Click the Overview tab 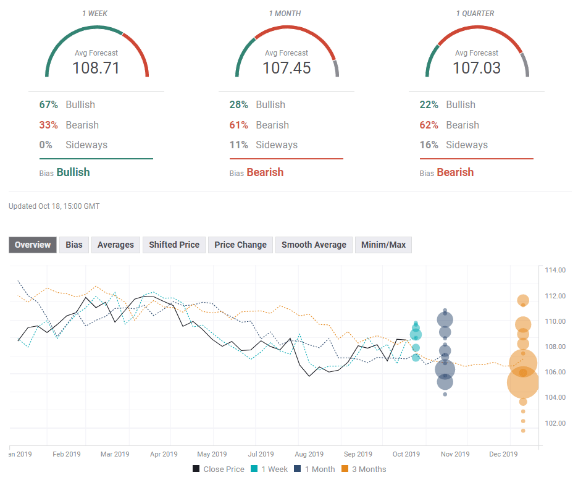coord(33,245)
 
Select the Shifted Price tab coord(174,245)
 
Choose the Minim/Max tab coord(383,245)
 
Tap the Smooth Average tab coord(314,245)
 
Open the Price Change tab coord(240,245)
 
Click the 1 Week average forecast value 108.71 coord(96,67)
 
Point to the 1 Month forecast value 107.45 coord(287,67)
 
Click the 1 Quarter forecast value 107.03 coord(477,67)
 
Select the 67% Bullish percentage coord(49,104)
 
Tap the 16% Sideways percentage coord(430,145)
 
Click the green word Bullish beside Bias coord(73,172)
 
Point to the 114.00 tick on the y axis coord(555,270)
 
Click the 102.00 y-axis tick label coord(555,423)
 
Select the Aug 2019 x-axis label coord(310,454)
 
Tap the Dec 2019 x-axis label coord(503,454)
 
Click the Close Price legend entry coord(219,469)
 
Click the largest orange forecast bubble coord(523,383)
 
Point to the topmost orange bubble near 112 coord(523,301)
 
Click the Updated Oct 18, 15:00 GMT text coord(54,206)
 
